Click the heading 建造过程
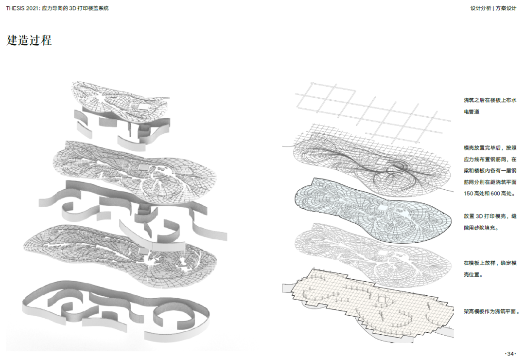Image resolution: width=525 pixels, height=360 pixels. pyautogui.click(x=29, y=40)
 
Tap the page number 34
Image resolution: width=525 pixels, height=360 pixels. pyautogui.click(x=510, y=354)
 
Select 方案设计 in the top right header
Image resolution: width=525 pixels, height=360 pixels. pyautogui.click(x=506, y=8)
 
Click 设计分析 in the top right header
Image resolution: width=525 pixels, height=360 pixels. pyautogui.click(x=480, y=8)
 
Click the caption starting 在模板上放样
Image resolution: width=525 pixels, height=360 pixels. pyautogui.click(x=490, y=269)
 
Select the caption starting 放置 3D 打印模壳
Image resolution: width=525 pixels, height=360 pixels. pyautogui.click(x=490, y=222)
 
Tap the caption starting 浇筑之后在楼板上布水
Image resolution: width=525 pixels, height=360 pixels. pyautogui.click(x=490, y=106)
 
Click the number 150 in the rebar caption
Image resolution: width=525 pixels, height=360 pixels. pyautogui.click(x=469, y=194)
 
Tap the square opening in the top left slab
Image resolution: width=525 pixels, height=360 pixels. pyautogui.click(x=144, y=107)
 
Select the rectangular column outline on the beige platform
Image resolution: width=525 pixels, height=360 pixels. pyautogui.click(x=382, y=301)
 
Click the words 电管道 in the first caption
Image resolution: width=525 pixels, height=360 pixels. pyautogui.click(x=472, y=111)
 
